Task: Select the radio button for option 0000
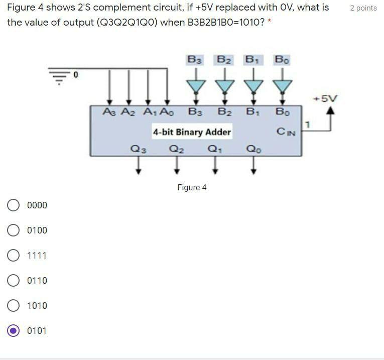coord(14,205)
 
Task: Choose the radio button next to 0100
coord(14,230)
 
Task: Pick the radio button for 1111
coord(14,256)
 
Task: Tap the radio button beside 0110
coord(14,281)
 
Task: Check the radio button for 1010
coord(14,306)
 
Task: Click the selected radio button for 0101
coord(14,331)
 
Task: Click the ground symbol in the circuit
coord(58,77)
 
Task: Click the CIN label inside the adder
coord(286,132)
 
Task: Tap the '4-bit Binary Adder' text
coord(192,132)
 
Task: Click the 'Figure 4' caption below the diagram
coord(192,188)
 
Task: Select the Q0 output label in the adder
coord(253,149)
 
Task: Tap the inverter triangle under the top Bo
coord(283,86)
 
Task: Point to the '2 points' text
coord(363,8)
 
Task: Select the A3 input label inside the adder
coord(108,111)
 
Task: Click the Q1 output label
coord(215,149)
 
